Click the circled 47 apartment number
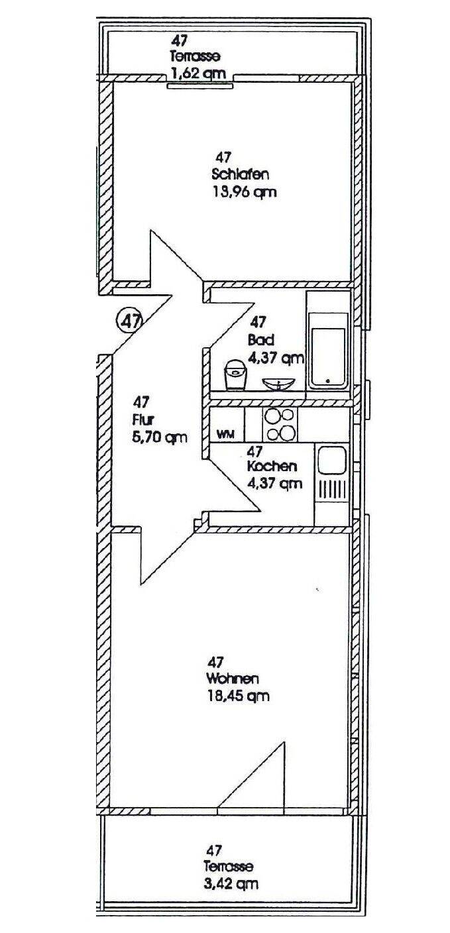coord(130,321)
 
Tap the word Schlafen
coord(240,175)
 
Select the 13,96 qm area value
coord(243,193)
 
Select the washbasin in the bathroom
coord(280,383)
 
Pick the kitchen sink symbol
coord(331,472)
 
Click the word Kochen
coord(272,466)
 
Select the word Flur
coord(142,419)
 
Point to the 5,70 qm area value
coord(159,437)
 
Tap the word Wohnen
coord(232,679)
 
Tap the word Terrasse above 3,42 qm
coord(229,867)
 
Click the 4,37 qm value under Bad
coord(276,358)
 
